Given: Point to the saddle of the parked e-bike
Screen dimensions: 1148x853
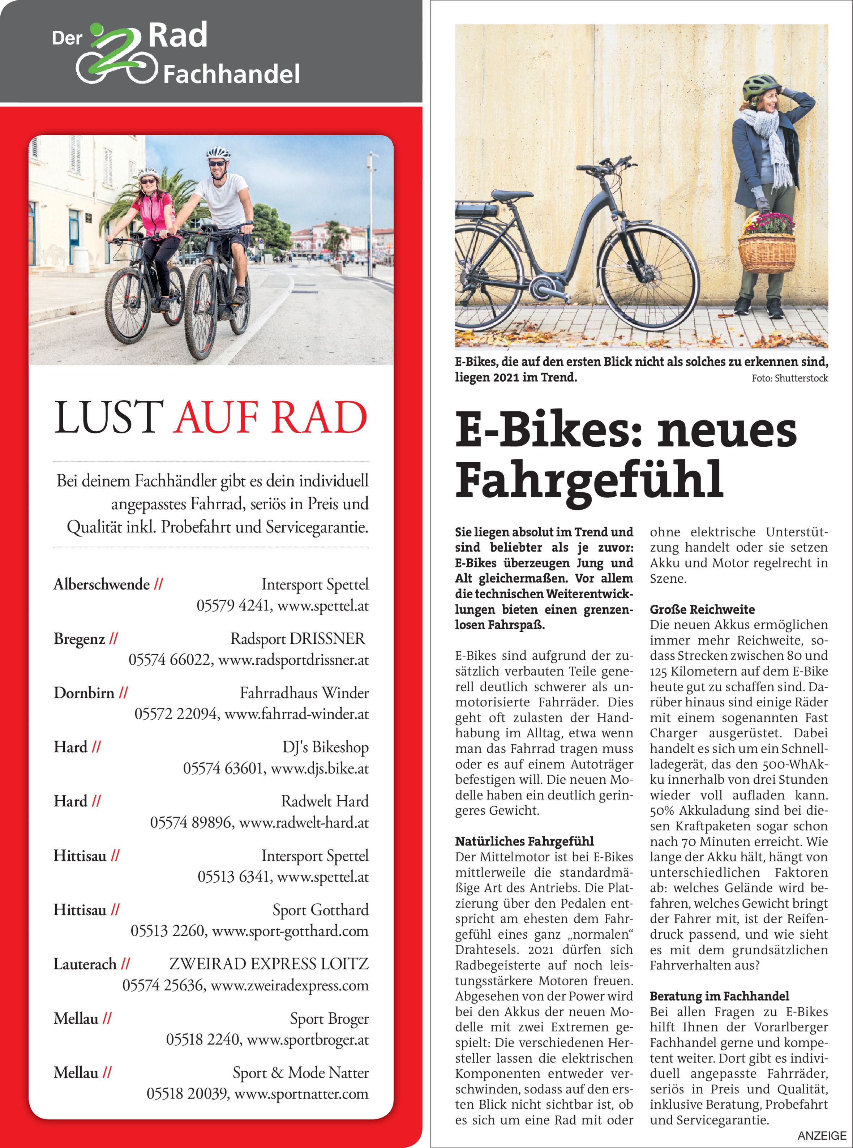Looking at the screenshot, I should (x=511, y=196).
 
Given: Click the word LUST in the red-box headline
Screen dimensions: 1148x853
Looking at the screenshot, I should (x=109, y=417).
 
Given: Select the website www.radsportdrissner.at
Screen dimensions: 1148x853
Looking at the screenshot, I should (x=293, y=660).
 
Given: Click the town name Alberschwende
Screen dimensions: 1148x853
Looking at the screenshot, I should (x=102, y=584).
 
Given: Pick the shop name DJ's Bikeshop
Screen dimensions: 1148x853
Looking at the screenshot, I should (x=325, y=747).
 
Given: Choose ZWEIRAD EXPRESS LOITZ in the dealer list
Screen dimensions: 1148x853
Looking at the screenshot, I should (x=269, y=964).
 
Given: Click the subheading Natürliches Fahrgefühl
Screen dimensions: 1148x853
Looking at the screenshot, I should (x=524, y=841).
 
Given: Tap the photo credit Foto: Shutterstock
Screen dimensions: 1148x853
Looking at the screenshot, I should (x=789, y=378).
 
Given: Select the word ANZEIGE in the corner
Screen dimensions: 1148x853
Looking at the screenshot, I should (x=822, y=1136).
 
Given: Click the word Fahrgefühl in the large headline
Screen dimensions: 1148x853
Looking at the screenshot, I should (x=589, y=480).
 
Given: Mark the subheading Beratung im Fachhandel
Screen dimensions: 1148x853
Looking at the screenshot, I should (x=719, y=996).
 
